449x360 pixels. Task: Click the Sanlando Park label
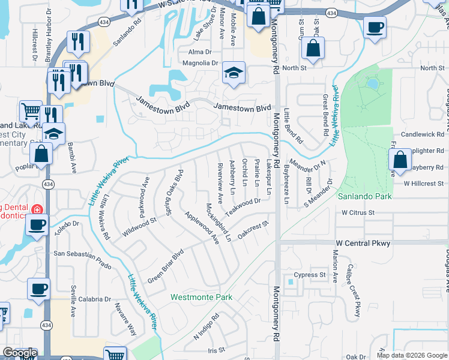pos(364,196)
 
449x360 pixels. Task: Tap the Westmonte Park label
pos(200,297)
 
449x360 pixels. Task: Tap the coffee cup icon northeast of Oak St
pos(375,27)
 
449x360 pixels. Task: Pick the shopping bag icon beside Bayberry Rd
pos(400,160)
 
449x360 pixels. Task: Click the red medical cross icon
pos(37,209)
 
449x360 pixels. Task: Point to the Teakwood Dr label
pos(243,208)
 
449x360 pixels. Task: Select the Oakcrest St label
pos(252,230)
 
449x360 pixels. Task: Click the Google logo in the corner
pos(19,353)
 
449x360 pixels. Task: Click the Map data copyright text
pos(411,355)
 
